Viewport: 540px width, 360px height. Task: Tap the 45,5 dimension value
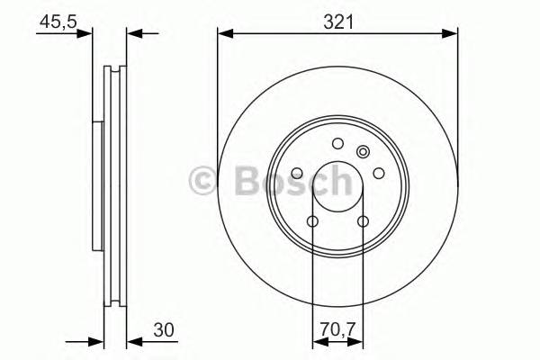pos(56,21)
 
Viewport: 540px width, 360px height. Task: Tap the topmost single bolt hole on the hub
pos(337,143)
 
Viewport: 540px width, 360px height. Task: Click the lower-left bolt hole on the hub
pos(312,221)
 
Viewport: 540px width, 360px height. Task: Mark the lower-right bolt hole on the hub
pos(363,221)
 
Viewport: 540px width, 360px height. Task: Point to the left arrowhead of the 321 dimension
pos(224,34)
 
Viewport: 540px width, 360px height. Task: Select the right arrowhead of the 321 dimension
pos(451,34)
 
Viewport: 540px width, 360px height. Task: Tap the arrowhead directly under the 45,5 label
pos(86,34)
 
